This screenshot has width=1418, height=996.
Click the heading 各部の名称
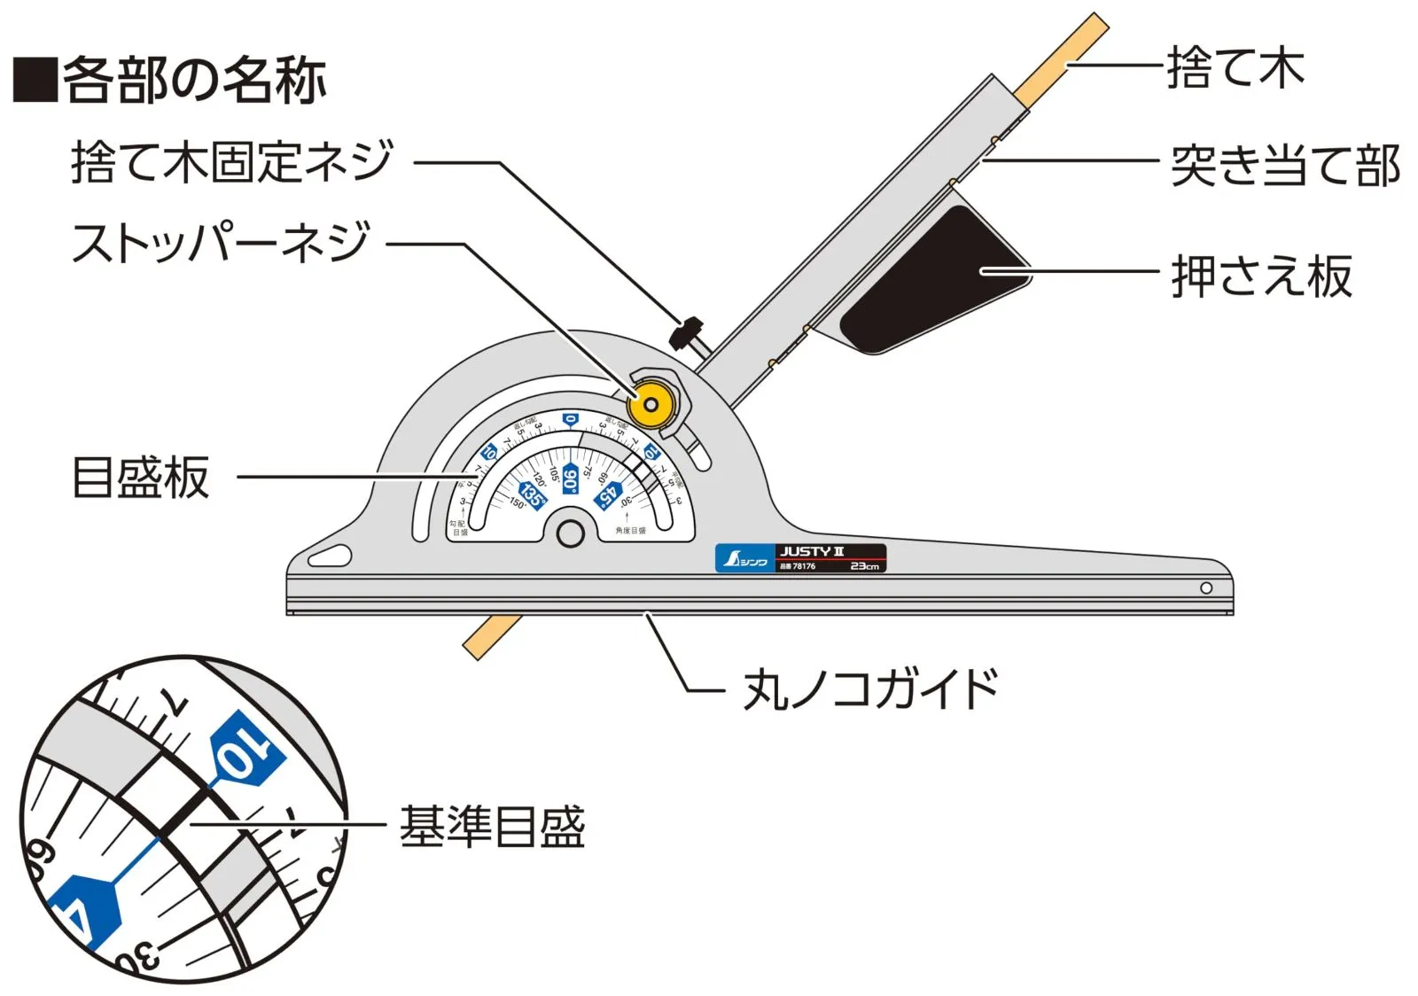coord(194,81)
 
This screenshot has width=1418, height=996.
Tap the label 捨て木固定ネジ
coord(231,162)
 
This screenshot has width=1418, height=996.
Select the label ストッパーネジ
coord(221,243)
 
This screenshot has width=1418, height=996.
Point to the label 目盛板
coord(141,478)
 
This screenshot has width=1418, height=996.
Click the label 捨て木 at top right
coord(1235,67)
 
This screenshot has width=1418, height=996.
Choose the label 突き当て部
coord(1285,166)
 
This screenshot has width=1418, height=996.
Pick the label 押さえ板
coord(1262,276)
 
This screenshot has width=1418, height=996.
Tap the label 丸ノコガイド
coord(870,689)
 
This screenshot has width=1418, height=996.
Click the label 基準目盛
coord(493,826)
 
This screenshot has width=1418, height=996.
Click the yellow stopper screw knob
coord(651,404)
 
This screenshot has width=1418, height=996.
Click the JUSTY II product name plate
coord(830,558)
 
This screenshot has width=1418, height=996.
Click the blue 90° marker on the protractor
coord(570,479)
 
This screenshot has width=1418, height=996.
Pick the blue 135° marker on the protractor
coord(533,494)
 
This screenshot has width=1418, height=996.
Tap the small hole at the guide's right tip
coord(1206,587)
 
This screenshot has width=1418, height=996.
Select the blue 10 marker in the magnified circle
coord(245,749)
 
